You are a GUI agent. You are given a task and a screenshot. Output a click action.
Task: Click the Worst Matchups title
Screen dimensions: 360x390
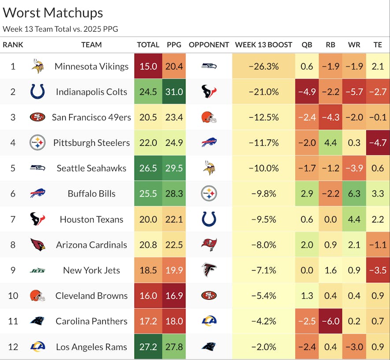53,13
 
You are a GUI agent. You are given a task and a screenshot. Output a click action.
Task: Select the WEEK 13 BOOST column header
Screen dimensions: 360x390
264,45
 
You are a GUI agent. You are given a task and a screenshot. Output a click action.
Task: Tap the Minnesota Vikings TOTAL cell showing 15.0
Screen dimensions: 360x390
148,66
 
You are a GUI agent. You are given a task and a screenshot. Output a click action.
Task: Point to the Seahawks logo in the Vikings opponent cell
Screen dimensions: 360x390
209,66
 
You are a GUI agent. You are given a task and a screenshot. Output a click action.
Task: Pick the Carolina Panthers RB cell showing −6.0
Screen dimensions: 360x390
330,321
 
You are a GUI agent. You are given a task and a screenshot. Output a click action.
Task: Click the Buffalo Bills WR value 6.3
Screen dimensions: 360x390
354,193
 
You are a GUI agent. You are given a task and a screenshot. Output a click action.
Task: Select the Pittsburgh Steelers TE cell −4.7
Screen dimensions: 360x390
377,142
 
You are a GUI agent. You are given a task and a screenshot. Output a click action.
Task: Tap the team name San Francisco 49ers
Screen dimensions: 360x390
91,117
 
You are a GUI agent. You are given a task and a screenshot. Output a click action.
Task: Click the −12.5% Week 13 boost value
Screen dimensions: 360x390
264,117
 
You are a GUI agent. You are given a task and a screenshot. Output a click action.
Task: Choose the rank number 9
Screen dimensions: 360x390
13,270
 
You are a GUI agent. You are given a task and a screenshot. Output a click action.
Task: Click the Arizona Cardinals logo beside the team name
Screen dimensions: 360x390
37,245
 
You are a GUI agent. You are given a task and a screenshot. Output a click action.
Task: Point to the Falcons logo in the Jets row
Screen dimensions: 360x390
209,270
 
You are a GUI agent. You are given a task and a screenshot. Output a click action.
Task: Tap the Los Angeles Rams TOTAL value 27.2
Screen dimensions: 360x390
148,347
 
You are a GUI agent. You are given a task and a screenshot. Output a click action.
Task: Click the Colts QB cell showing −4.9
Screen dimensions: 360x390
307,92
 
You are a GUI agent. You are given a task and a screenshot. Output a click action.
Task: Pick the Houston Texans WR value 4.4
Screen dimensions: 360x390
354,219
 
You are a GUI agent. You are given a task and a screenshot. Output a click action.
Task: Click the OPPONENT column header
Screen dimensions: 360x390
209,45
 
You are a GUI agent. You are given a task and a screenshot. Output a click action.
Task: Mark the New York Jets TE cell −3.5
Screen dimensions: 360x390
377,270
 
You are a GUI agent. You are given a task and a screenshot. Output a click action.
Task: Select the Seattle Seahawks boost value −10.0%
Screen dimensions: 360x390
264,168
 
